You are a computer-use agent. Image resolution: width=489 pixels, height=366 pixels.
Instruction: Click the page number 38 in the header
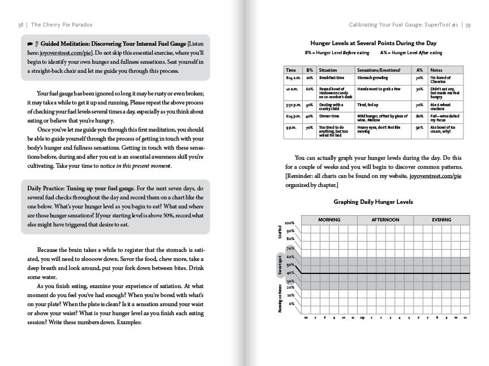click(20, 24)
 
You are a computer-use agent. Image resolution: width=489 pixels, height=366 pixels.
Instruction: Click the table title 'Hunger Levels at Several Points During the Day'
click(373, 43)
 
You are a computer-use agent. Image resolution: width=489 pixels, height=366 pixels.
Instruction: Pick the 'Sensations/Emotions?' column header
click(379, 70)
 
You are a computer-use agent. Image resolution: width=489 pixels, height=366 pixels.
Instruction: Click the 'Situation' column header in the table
click(328, 70)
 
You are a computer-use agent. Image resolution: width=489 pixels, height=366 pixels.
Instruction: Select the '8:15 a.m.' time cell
click(292, 77)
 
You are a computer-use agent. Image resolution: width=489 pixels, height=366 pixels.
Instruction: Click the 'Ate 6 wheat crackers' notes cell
click(442, 107)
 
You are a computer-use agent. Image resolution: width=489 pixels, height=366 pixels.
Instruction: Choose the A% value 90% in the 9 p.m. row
click(419, 128)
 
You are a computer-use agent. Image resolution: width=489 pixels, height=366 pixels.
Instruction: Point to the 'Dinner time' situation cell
click(329, 116)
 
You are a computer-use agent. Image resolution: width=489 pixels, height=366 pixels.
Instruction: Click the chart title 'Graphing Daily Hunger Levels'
click(373, 202)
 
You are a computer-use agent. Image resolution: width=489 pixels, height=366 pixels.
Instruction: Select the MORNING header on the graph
click(329, 219)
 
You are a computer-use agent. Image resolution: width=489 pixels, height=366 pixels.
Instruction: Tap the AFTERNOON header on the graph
click(385, 219)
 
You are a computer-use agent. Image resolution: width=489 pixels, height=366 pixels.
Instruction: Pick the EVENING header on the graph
click(441, 219)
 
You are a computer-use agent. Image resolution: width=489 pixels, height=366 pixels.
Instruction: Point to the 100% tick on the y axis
click(289, 224)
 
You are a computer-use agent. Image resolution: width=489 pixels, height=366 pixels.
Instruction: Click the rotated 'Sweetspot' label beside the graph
click(280, 264)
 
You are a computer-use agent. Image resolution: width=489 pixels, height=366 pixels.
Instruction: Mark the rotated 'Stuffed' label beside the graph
click(280, 232)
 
